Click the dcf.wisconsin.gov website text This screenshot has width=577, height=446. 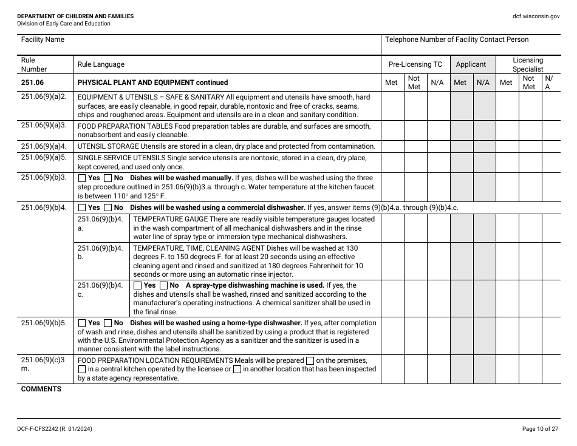[x=536, y=16]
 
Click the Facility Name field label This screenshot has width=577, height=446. [x=43, y=39]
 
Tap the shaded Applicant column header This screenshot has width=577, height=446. [x=471, y=64]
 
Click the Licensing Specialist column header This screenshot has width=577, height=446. [x=527, y=64]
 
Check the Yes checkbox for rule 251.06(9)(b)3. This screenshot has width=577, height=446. [x=82, y=178]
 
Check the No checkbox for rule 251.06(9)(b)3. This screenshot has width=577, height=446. [x=108, y=178]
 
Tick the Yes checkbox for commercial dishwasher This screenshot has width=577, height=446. [x=82, y=208]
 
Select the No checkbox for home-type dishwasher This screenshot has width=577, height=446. [x=108, y=323]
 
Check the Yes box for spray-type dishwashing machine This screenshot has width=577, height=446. [x=137, y=285]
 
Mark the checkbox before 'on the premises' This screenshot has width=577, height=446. [x=310, y=360]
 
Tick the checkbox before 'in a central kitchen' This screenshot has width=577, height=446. [x=82, y=370]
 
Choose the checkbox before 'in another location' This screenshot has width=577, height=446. [x=237, y=370]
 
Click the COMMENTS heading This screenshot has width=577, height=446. [x=41, y=389]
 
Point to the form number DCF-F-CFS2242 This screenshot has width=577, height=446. [x=55, y=429]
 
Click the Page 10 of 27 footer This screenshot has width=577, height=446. [x=541, y=429]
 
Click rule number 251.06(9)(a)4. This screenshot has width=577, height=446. [x=43, y=146]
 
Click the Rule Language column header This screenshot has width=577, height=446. [x=101, y=64]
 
